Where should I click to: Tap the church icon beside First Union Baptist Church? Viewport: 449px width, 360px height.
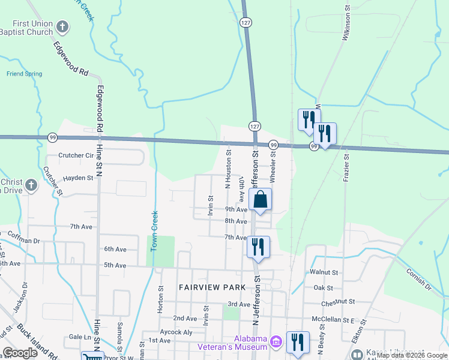click(63, 27)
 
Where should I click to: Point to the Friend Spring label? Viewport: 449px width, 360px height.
click(24, 74)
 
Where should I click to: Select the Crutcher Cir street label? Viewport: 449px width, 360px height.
click(75, 155)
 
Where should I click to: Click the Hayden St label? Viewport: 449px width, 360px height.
click(79, 178)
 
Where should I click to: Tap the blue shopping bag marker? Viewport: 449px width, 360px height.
click(261, 200)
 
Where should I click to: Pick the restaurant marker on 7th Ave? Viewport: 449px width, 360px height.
click(258, 247)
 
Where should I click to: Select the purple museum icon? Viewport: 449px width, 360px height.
click(276, 343)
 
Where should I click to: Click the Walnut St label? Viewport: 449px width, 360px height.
click(325, 272)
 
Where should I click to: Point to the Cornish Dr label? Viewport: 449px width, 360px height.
click(418, 278)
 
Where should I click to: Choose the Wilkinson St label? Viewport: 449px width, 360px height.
click(346, 25)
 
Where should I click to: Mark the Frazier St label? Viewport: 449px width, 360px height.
click(346, 169)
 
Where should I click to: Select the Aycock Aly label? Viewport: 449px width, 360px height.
click(176, 331)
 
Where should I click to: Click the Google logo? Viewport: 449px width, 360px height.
click(20, 353)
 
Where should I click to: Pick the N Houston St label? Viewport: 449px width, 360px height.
click(228, 168)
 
